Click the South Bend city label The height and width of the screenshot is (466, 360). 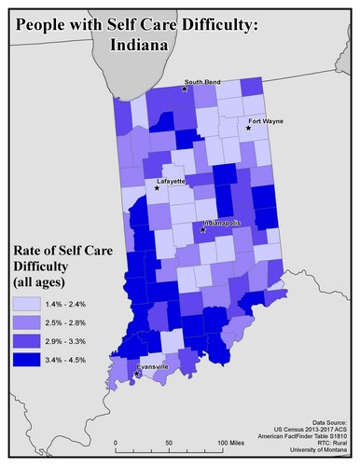click(x=202, y=82)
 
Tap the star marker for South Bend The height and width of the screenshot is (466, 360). click(x=185, y=89)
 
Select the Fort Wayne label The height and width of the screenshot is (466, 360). click(x=266, y=122)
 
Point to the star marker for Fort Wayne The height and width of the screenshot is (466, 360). click(x=248, y=129)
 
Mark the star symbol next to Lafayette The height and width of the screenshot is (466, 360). click(x=157, y=188)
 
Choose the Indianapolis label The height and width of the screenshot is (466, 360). click(x=222, y=224)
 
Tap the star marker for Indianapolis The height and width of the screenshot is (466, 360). click(x=202, y=229)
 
